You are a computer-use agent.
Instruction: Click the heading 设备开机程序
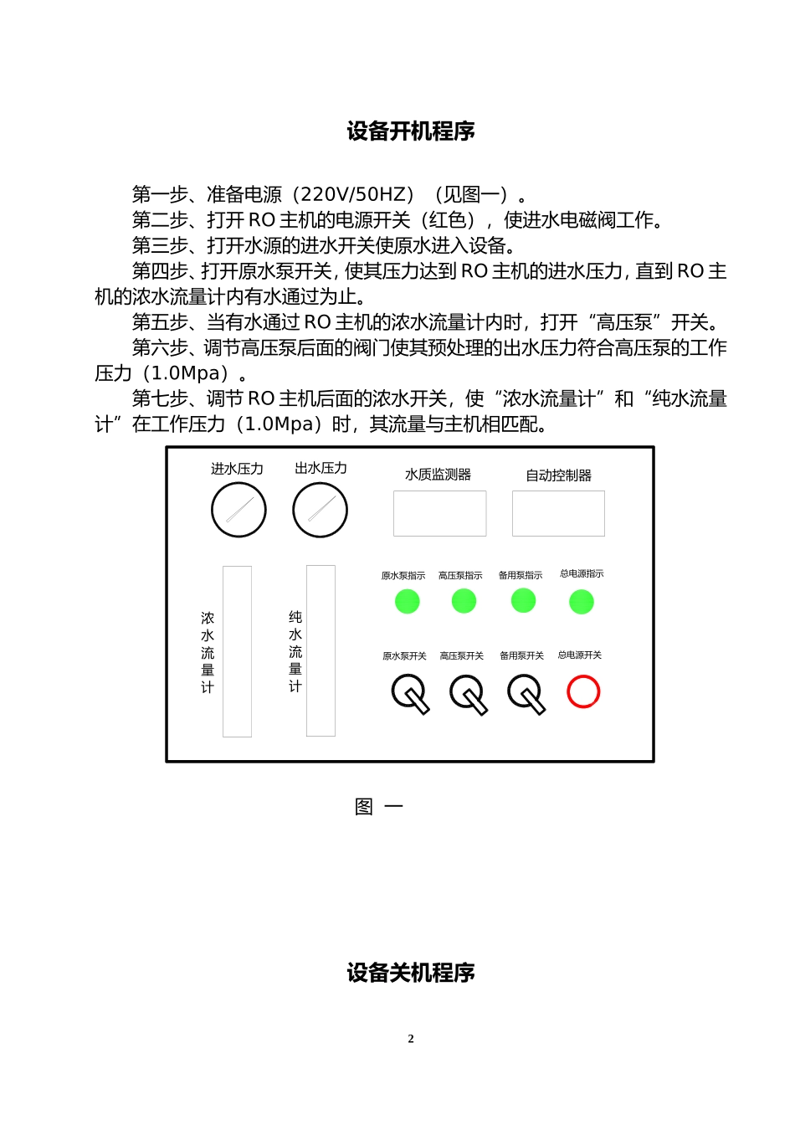click(x=411, y=131)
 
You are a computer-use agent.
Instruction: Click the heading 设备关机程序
click(x=411, y=973)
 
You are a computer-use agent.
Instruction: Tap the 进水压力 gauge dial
click(x=238, y=510)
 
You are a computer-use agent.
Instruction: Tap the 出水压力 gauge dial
click(x=320, y=510)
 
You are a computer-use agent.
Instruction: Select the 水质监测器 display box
click(x=439, y=513)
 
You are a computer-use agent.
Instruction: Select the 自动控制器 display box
click(x=558, y=513)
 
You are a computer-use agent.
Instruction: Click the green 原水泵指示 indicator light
click(x=407, y=601)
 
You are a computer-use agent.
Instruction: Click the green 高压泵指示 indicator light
click(x=464, y=601)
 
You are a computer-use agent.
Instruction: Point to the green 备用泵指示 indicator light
click(x=523, y=600)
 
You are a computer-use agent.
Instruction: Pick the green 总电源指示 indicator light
click(x=581, y=602)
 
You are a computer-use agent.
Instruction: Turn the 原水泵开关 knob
click(x=409, y=692)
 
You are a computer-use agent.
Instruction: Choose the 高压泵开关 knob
click(x=467, y=692)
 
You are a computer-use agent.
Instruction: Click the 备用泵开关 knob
click(x=526, y=692)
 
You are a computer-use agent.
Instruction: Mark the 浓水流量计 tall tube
click(x=237, y=651)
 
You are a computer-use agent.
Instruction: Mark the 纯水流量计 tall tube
click(x=321, y=650)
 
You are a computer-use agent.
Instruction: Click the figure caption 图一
click(x=378, y=807)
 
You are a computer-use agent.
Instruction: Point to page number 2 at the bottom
click(x=411, y=1039)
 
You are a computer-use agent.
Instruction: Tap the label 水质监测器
click(x=438, y=475)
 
